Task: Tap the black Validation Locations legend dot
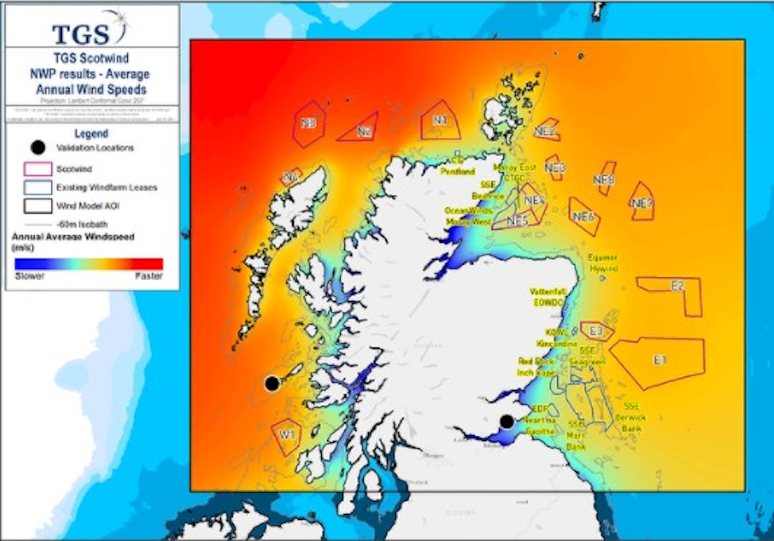pos(38,148)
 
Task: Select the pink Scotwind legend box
pos(37,169)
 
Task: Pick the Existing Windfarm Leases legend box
pos(37,188)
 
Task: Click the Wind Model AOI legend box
pos(37,206)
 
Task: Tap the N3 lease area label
pos(309,123)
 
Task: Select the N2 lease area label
pos(364,132)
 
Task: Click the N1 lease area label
pos(440,120)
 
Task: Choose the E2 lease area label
pos(677,286)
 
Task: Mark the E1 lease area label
pos(659,360)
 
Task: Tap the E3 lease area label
pos(597,331)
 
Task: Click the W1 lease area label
pos(288,434)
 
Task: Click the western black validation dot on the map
pos(272,383)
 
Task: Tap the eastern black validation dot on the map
pos(506,422)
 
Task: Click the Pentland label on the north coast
pos(458,172)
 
